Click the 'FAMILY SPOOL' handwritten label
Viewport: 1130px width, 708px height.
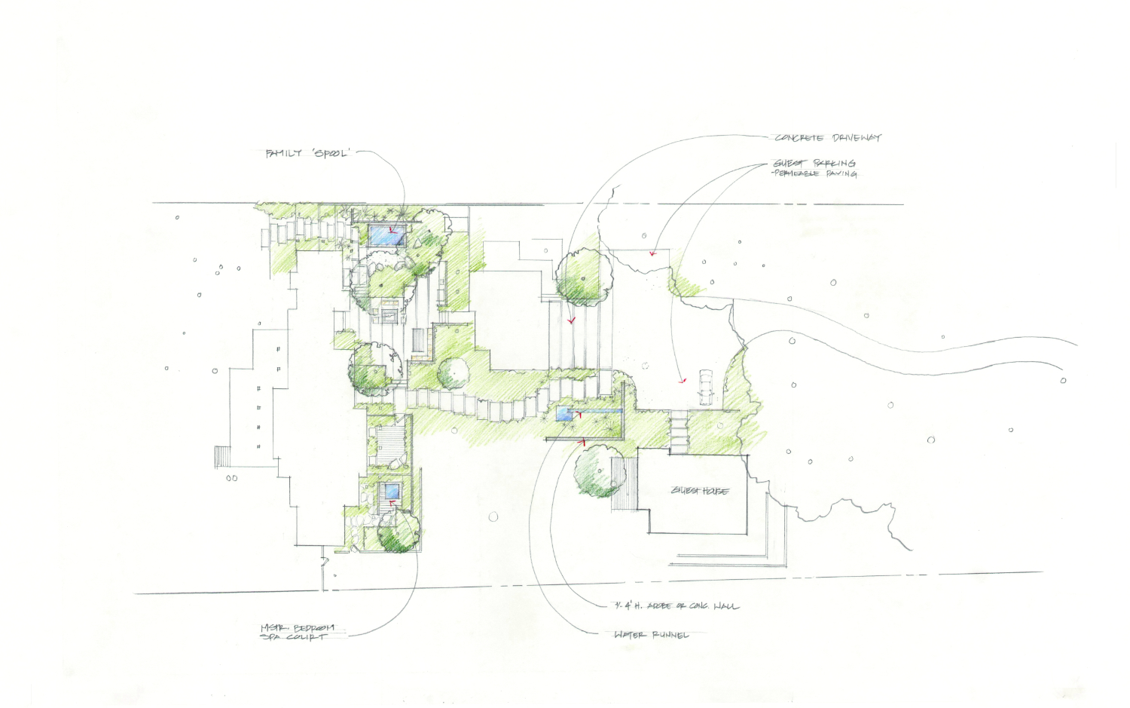(x=307, y=153)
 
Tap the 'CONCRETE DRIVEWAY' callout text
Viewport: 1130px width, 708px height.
(x=828, y=138)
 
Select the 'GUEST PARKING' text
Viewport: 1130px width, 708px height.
(x=814, y=163)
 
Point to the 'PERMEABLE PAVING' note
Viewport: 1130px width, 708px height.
(x=815, y=173)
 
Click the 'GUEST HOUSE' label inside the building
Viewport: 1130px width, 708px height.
(x=700, y=491)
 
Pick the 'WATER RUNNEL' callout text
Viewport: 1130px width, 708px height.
(x=651, y=635)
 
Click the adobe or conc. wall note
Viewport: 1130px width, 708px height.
(x=676, y=605)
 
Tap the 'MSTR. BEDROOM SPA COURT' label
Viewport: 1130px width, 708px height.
(x=297, y=632)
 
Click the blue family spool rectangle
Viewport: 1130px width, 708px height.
(x=387, y=237)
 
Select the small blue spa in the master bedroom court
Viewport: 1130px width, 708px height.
(x=392, y=492)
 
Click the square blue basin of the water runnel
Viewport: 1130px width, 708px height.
(x=564, y=413)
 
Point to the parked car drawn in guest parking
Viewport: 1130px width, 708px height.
(x=704, y=385)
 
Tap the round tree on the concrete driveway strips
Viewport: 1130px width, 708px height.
(x=583, y=277)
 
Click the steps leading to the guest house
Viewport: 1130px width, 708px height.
(x=679, y=433)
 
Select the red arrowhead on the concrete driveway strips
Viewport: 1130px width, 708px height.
(x=572, y=320)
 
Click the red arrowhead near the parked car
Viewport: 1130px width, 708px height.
(x=683, y=381)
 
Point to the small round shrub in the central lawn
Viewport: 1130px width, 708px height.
(x=453, y=373)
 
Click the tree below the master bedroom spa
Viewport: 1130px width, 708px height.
(x=397, y=534)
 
